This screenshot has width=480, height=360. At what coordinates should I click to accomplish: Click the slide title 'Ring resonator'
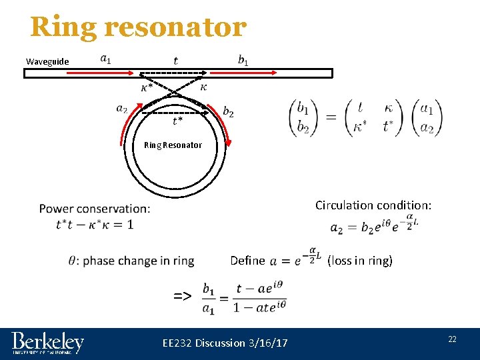coord(138,27)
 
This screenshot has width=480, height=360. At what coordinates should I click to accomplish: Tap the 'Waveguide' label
coord(47,62)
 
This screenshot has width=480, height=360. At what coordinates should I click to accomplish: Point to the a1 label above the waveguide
coord(105,58)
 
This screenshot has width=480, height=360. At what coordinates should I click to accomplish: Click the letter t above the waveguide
coord(175,60)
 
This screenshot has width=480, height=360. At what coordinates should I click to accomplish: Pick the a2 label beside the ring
coord(121,108)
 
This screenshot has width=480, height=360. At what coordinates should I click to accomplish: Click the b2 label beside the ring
coord(228,112)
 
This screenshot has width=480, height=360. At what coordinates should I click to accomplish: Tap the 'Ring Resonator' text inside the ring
coord(173,145)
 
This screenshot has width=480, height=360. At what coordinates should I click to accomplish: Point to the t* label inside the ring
coord(177,121)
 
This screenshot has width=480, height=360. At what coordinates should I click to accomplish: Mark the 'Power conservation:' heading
coord(95,209)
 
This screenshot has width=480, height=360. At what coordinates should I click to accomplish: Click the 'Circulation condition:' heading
coord(373,205)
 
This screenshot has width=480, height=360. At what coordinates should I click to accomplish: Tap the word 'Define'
coord(247,261)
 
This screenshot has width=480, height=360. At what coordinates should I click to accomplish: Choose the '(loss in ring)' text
coord(360,261)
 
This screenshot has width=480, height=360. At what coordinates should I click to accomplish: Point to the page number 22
coord(452,339)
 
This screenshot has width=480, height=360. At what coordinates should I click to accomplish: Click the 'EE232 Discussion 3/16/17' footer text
coord(225,343)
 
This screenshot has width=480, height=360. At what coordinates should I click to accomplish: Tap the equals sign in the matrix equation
coord(330,117)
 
